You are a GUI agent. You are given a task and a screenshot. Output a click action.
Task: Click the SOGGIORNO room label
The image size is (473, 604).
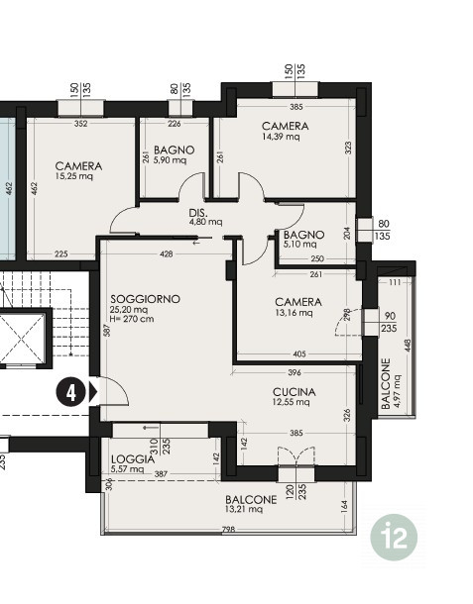145,299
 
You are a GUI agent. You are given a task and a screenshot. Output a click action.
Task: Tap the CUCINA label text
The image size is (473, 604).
294,392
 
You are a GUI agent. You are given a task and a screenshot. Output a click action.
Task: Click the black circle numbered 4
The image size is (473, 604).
71,393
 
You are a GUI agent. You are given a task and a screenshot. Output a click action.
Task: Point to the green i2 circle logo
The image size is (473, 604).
394,537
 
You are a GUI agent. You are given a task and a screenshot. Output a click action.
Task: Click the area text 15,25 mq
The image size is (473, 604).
74,176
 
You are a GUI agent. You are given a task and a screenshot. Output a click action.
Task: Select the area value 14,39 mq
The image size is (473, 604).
281,137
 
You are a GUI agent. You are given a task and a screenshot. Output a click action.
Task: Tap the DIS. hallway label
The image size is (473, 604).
198,213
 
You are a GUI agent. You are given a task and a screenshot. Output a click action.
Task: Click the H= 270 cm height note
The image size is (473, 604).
132,319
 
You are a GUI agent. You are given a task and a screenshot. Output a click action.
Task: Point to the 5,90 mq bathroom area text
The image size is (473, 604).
171,159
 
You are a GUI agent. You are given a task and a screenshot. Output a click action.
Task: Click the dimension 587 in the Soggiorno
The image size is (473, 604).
107,330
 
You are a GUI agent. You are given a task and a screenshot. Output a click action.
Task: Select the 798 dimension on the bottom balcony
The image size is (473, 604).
228,530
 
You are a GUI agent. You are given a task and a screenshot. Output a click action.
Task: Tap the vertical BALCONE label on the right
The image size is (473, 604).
386,383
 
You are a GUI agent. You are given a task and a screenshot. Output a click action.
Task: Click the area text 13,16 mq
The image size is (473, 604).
294,313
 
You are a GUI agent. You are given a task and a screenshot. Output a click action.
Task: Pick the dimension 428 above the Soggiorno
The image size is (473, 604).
166,253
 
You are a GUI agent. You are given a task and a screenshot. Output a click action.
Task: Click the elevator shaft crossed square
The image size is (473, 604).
23,338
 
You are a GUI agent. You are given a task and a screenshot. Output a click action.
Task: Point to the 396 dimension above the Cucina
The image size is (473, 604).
295,372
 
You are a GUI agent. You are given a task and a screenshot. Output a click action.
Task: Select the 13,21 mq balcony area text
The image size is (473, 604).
244,509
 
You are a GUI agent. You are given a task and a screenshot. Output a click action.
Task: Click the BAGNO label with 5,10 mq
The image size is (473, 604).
303,235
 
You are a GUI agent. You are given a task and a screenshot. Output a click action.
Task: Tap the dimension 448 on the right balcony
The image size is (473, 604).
409,346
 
